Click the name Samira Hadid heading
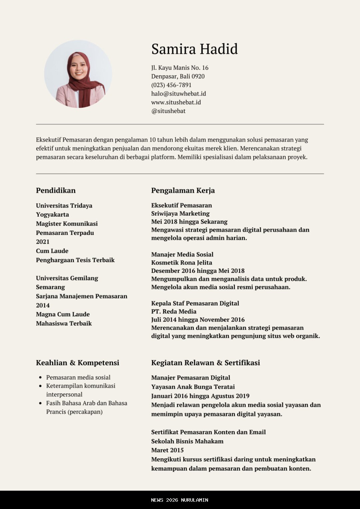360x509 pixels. [194, 49]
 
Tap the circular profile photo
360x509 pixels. [78, 74]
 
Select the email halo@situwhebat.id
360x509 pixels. [178, 94]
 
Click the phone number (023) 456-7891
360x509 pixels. [171, 85]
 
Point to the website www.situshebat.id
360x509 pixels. [176, 102]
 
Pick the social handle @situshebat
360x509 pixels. [168, 111]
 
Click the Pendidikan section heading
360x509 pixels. [56, 191]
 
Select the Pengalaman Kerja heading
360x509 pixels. [183, 191]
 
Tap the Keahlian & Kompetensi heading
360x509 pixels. [77, 363]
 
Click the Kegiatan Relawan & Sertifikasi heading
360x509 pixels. [205, 363]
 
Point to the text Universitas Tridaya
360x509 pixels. [64, 206]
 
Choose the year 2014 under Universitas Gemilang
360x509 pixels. [43, 305]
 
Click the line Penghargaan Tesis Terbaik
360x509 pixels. [75, 260]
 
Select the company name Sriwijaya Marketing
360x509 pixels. [180, 214]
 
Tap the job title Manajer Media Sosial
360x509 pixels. [182, 254]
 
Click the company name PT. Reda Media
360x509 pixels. [174, 311]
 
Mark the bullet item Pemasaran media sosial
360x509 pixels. [78, 377]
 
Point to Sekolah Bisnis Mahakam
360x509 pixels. [187, 441]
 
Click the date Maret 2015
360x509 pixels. [167, 450]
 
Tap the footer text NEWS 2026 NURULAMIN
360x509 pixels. [180, 500]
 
